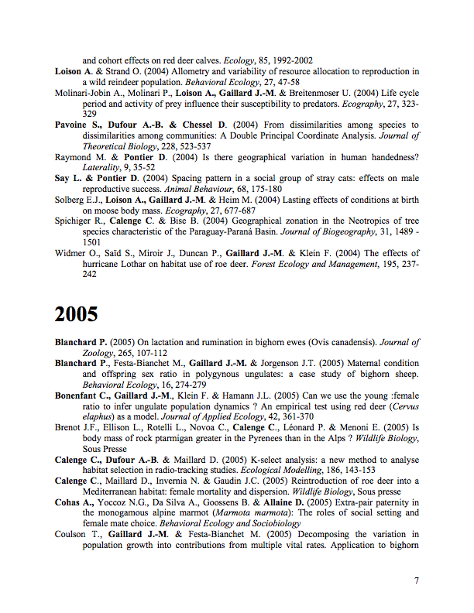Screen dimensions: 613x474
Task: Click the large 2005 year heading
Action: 77,314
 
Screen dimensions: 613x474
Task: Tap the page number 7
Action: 417,580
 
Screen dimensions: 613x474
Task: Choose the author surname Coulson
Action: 73,534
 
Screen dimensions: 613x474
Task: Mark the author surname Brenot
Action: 69,427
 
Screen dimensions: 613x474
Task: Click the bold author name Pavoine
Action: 74,125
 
